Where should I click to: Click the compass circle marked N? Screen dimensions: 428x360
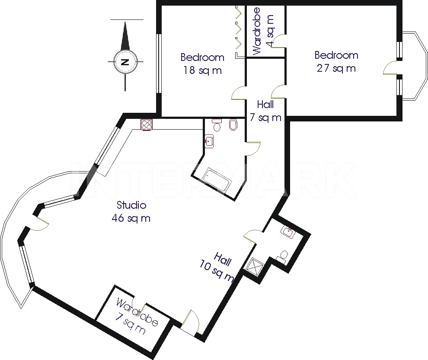125,62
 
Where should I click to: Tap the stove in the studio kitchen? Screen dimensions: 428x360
147,125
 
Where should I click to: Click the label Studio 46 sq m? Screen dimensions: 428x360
131,211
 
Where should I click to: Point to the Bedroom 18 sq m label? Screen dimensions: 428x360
202,64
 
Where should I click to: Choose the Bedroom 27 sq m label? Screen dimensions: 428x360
336,62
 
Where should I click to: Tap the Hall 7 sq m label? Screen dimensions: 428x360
265,111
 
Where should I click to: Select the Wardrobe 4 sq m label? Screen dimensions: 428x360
263,31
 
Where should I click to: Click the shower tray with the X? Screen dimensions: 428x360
254,267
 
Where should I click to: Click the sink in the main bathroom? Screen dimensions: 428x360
209,141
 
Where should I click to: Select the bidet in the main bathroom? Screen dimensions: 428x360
233,125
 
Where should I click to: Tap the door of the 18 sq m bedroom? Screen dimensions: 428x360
238,93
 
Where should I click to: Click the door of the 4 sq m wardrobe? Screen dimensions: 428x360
278,41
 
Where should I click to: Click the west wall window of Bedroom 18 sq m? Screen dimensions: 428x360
158,64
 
